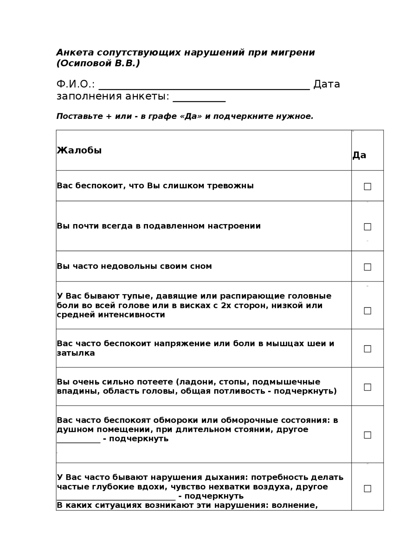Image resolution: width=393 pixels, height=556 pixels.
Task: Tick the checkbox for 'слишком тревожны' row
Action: pos(367,186)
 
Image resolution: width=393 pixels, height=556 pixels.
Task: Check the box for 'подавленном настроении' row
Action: pos(367,227)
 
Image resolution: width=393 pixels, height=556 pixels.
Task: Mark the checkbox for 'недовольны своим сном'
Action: pos(367,267)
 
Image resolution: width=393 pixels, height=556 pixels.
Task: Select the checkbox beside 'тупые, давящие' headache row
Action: pos(367,311)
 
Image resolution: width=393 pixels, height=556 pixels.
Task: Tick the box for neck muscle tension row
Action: pos(367,349)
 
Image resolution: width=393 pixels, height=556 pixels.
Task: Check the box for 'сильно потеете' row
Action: pos(367,387)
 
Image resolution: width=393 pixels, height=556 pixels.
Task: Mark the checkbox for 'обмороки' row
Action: pos(367,435)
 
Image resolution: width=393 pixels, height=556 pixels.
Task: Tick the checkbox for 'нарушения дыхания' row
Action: pos(367,488)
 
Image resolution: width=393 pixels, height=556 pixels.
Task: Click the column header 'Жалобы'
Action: pos(79,150)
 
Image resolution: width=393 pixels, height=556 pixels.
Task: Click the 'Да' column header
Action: pos(359,155)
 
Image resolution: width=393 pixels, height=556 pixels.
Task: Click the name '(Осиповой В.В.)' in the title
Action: pos(98,63)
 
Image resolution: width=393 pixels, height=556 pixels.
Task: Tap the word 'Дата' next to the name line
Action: pos(326,84)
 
